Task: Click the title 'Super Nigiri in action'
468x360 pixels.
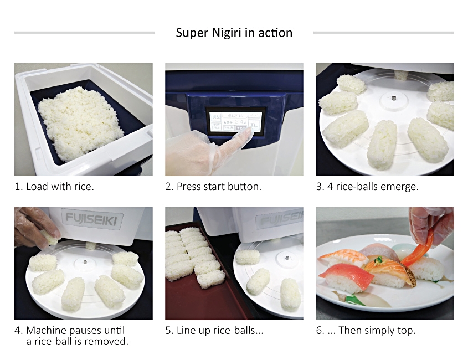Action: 234,33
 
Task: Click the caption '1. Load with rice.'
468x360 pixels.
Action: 54,187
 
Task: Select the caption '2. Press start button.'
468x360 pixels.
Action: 213,187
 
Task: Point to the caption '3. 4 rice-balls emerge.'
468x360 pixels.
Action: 367,187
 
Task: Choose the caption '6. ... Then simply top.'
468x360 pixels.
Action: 366,331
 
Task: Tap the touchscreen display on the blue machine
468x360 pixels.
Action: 235,121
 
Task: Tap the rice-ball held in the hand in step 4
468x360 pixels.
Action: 50,238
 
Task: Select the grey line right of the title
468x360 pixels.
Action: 383,33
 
